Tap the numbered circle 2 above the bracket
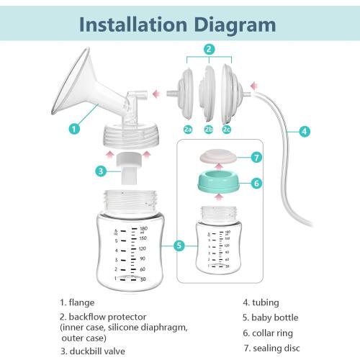click(209, 50)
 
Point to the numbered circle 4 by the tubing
click(305, 131)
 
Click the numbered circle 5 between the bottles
click(180, 246)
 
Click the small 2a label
click(188, 130)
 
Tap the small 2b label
click(209, 130)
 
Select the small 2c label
click(228, 130)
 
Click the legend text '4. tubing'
click(261, 302)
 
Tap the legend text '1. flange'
click(77, 302)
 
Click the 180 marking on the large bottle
click(143, 228)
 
